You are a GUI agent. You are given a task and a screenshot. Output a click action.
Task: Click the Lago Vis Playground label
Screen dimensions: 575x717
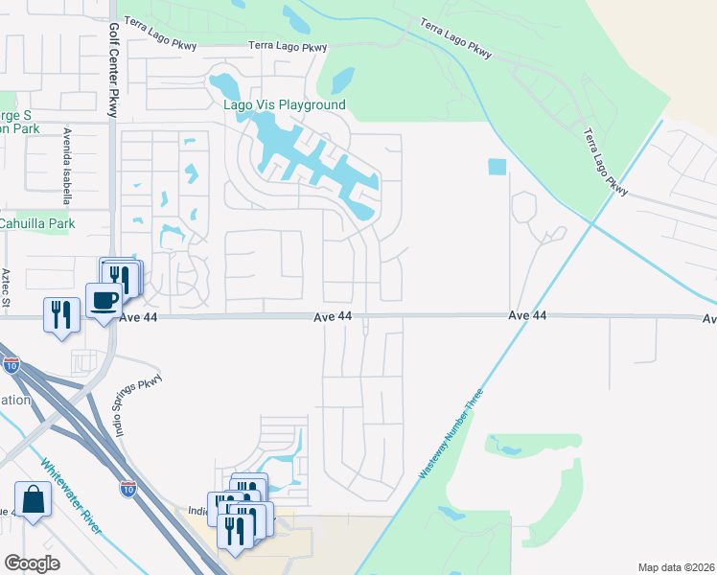(x=285, y=104)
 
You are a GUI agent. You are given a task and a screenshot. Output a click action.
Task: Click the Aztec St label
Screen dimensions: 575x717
(x=6, y=287)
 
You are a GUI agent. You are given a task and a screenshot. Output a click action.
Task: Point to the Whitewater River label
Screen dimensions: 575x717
(x=73, y=496)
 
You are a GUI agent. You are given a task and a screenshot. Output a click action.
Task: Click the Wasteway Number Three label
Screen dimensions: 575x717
(x=451, y=434)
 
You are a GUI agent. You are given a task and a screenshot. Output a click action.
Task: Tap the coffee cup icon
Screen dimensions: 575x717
(x=104, y=301)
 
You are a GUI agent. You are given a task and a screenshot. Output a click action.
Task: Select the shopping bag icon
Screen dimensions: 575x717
(x=33, y=500)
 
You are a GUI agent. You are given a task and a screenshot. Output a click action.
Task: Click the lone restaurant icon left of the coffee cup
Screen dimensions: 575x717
(x=60, y=313)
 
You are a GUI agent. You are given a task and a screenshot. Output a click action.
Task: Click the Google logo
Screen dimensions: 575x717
(x=32, y=563)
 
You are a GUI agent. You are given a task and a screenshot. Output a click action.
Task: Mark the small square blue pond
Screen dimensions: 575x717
(x=496, y=167)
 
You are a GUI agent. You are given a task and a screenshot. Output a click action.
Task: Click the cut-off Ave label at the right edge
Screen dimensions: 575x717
(x=709, y=319)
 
